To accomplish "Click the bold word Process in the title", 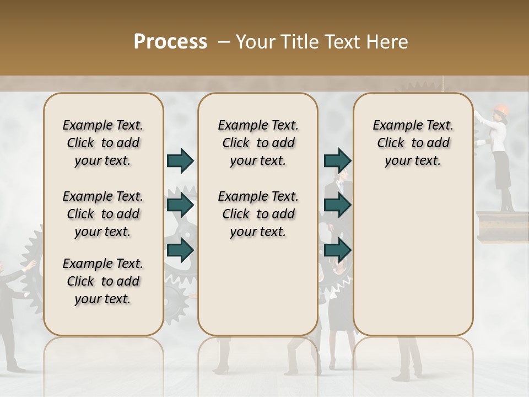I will tap(170, 41).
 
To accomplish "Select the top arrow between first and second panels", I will tap(180, 160).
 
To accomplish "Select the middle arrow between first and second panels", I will tap(180, 205).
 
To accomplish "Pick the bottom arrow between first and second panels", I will tap(180, 250).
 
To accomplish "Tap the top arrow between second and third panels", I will tap(337, 160).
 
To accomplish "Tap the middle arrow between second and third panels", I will tap(337, 205).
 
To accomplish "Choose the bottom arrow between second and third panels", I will tap(337, 250).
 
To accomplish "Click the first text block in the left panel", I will tap(103, 143).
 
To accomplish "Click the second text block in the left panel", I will tap(103, 214).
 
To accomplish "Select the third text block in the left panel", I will tap(103, 281).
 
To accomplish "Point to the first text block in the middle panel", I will tap(258, 143).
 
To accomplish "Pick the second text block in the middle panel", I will tap(258, 214).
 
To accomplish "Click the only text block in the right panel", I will tap(413, 143).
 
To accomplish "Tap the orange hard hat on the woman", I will tap(500, 109).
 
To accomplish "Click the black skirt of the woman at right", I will tap(502, 170).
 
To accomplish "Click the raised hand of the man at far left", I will tap(31, 265).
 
